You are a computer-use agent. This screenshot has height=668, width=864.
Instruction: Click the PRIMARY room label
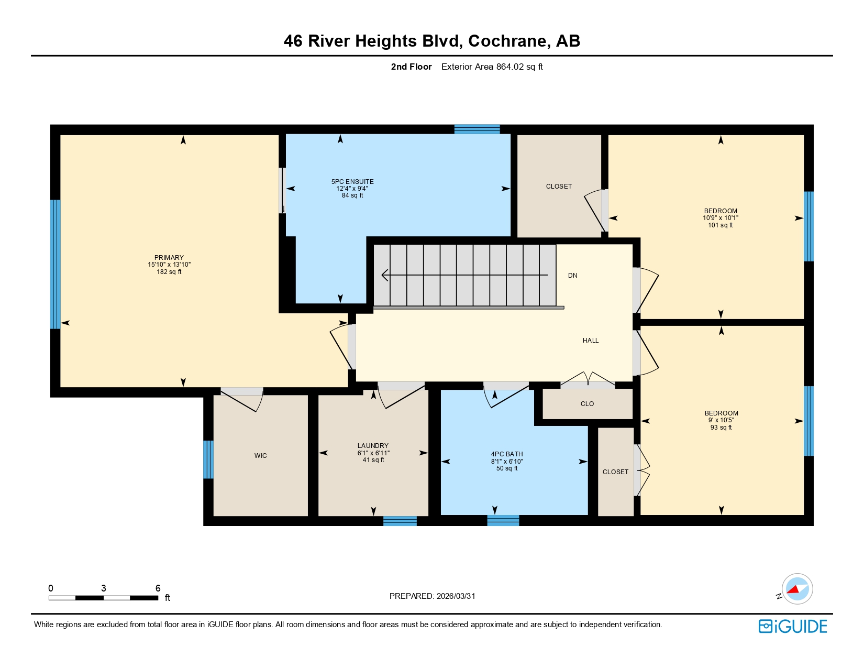click(x=169, y=258)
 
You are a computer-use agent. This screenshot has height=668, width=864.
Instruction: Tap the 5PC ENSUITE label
click(x=352, y=182)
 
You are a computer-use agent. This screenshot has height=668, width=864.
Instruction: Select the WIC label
click(x=261, y=456)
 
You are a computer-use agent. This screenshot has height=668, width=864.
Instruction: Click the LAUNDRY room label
click(x=373, y=446)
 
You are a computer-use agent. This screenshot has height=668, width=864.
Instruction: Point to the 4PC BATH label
click(x=507, y=454)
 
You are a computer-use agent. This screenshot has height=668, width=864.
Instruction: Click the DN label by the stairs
click(x=573, y=276)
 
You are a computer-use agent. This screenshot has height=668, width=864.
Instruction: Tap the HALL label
click(x=591, y=341)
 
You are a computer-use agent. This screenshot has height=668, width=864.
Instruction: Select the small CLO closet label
click(x=587, y=404)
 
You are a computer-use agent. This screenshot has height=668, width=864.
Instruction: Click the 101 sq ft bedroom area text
click(x=721, y=225)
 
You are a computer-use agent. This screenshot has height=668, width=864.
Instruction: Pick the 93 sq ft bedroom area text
click(x=721, y=428)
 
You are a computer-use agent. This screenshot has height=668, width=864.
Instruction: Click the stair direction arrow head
click(x=385, y=275)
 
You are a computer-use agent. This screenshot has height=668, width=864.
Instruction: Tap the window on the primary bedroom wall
click(x=55, y=264)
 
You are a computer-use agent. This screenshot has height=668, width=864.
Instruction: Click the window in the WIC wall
click(x=208, y=459)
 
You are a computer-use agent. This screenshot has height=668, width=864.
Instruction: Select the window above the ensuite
click(x=477, y=129)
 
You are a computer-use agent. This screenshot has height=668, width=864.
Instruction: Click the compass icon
click(x=797, y=589)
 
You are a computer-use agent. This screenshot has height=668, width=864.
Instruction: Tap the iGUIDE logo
click(x=793, y=626)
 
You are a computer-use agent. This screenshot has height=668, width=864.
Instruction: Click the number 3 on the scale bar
click(x=104, y=588)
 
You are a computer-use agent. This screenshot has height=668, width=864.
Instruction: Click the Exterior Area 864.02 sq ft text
click(x=492, y=67)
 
